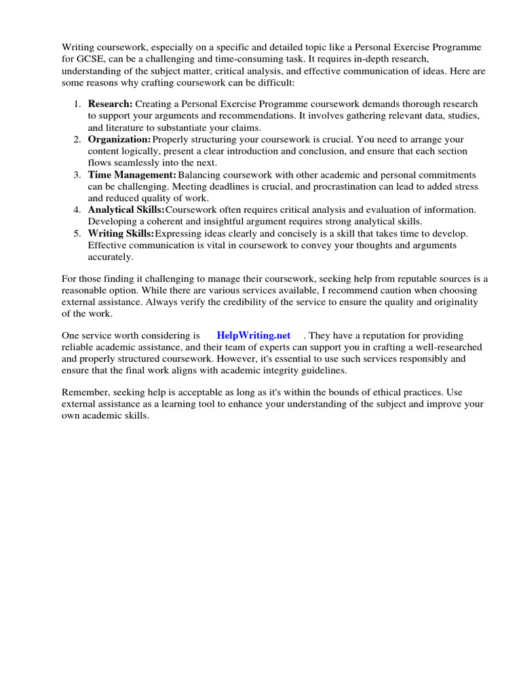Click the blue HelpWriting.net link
point(253,335)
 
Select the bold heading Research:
point(111,104)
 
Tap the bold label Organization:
point(119,139)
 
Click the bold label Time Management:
point(132,175)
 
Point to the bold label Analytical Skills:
point(126,210)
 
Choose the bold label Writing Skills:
point(121,234)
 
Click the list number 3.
point(77,175)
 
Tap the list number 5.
point(77,234)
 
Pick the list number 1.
point(77,104)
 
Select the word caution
point(370,290)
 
